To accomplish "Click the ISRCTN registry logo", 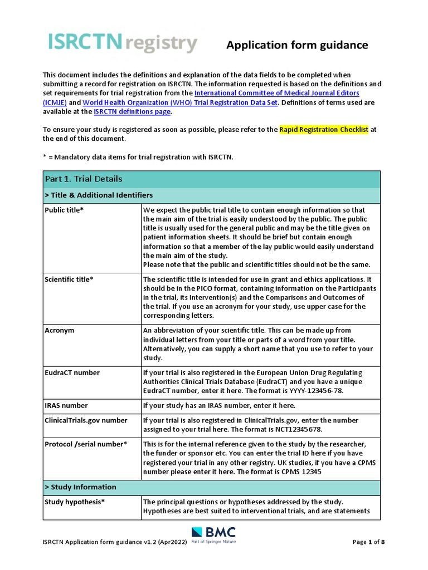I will (123, 43).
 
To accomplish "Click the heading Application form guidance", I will (297, 45).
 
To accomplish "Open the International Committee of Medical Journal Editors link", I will (276, 93).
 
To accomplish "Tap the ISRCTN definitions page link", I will (132, 112).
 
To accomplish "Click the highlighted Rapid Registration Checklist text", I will (324, 130).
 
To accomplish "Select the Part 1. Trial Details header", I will (84, 179).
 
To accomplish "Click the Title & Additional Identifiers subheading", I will (99, 195).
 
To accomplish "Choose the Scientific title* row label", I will (69, 279).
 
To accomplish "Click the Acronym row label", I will (59, 331).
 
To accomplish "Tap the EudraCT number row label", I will (72, 372).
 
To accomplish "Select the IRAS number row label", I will (66, 405).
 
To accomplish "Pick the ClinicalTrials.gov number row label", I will (86, 420).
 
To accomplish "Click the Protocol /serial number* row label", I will (86, 444).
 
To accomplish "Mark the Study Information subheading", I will (81, 487).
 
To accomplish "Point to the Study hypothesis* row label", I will (75, 502).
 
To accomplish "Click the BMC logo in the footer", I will (213, 535).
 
